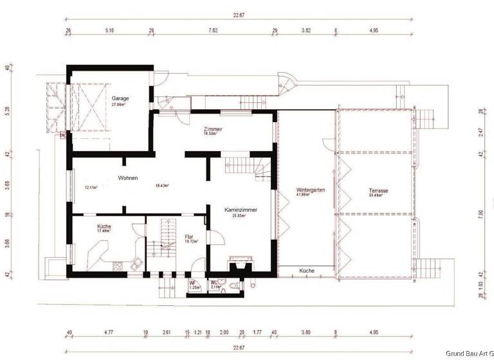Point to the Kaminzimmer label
242,210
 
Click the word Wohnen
127,178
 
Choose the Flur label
189,237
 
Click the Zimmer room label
212,129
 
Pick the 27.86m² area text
118,104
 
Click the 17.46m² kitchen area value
104,231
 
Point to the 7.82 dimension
213,30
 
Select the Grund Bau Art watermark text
470,353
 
